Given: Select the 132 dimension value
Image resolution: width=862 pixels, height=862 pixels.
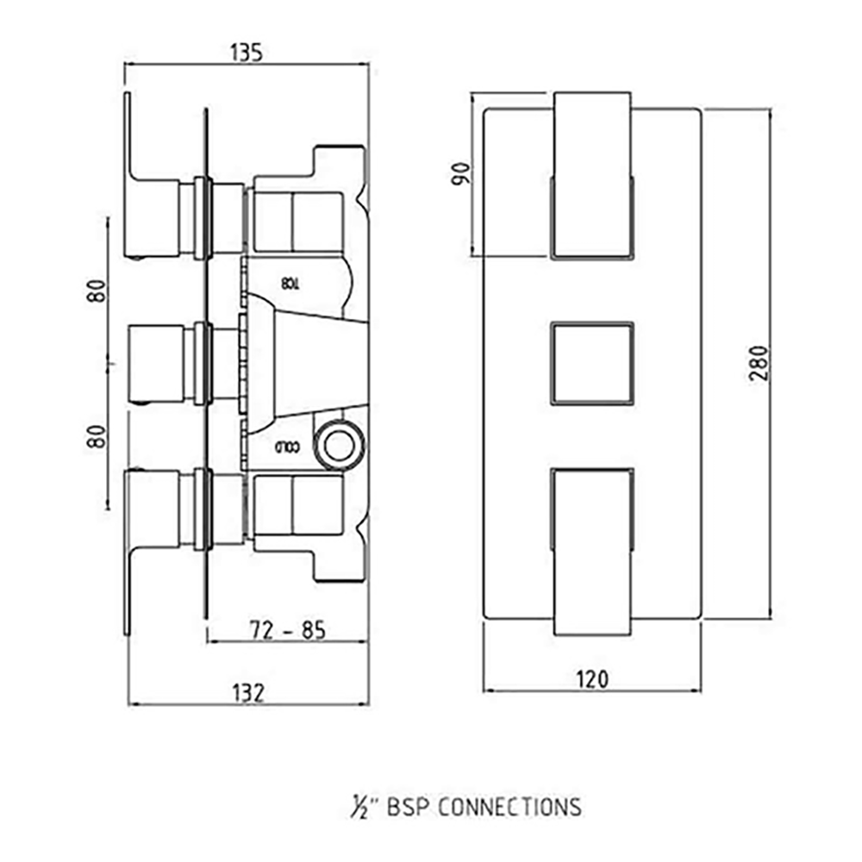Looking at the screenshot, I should (247, 692).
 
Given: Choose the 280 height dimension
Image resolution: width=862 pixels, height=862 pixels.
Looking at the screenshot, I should (758, 363).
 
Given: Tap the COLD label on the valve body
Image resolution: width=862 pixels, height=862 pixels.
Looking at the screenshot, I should (287, 447).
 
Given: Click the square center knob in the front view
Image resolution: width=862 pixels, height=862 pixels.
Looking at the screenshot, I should (591, 362).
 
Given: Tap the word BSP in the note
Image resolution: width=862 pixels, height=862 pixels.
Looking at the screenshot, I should (405, 808).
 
